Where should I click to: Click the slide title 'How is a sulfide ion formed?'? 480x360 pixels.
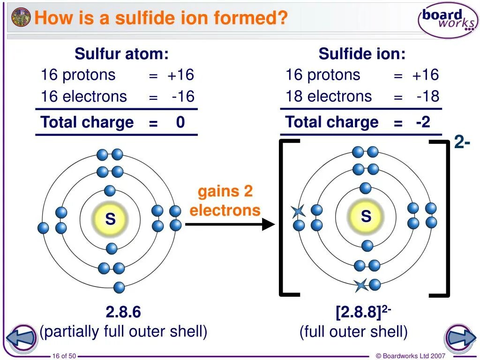click(x=161, y=18)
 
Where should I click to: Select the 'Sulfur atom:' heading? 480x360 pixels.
click(x=121, y=54)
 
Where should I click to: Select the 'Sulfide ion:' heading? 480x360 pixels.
click(x=362, y=54)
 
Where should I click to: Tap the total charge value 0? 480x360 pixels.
click(x=180, y=123)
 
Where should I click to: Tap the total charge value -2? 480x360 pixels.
click(x=423, y=122)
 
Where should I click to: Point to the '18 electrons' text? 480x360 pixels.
click(x=329, y=96)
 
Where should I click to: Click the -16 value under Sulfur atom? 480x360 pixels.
click(x=183, y=97)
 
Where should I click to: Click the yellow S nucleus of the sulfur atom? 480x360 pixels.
click(x=110, y=218)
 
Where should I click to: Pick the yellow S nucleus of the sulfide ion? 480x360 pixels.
click(x=366, y=217)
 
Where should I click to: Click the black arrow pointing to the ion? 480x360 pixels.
click(x=230, y=225)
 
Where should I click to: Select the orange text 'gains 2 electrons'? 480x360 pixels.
click(x=225, y=200)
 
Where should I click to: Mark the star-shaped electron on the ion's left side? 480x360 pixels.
click(x=298, y=211)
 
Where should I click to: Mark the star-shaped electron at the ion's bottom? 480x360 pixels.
click(x=360, y=285)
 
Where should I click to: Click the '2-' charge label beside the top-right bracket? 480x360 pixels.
click(x=462, y=142)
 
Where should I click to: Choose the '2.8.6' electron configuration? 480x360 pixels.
click(x=123, y=312)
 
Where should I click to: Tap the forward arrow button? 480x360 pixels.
click(x=460, y=338)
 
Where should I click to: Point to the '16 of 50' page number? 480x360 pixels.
click(x=64, y=356)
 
